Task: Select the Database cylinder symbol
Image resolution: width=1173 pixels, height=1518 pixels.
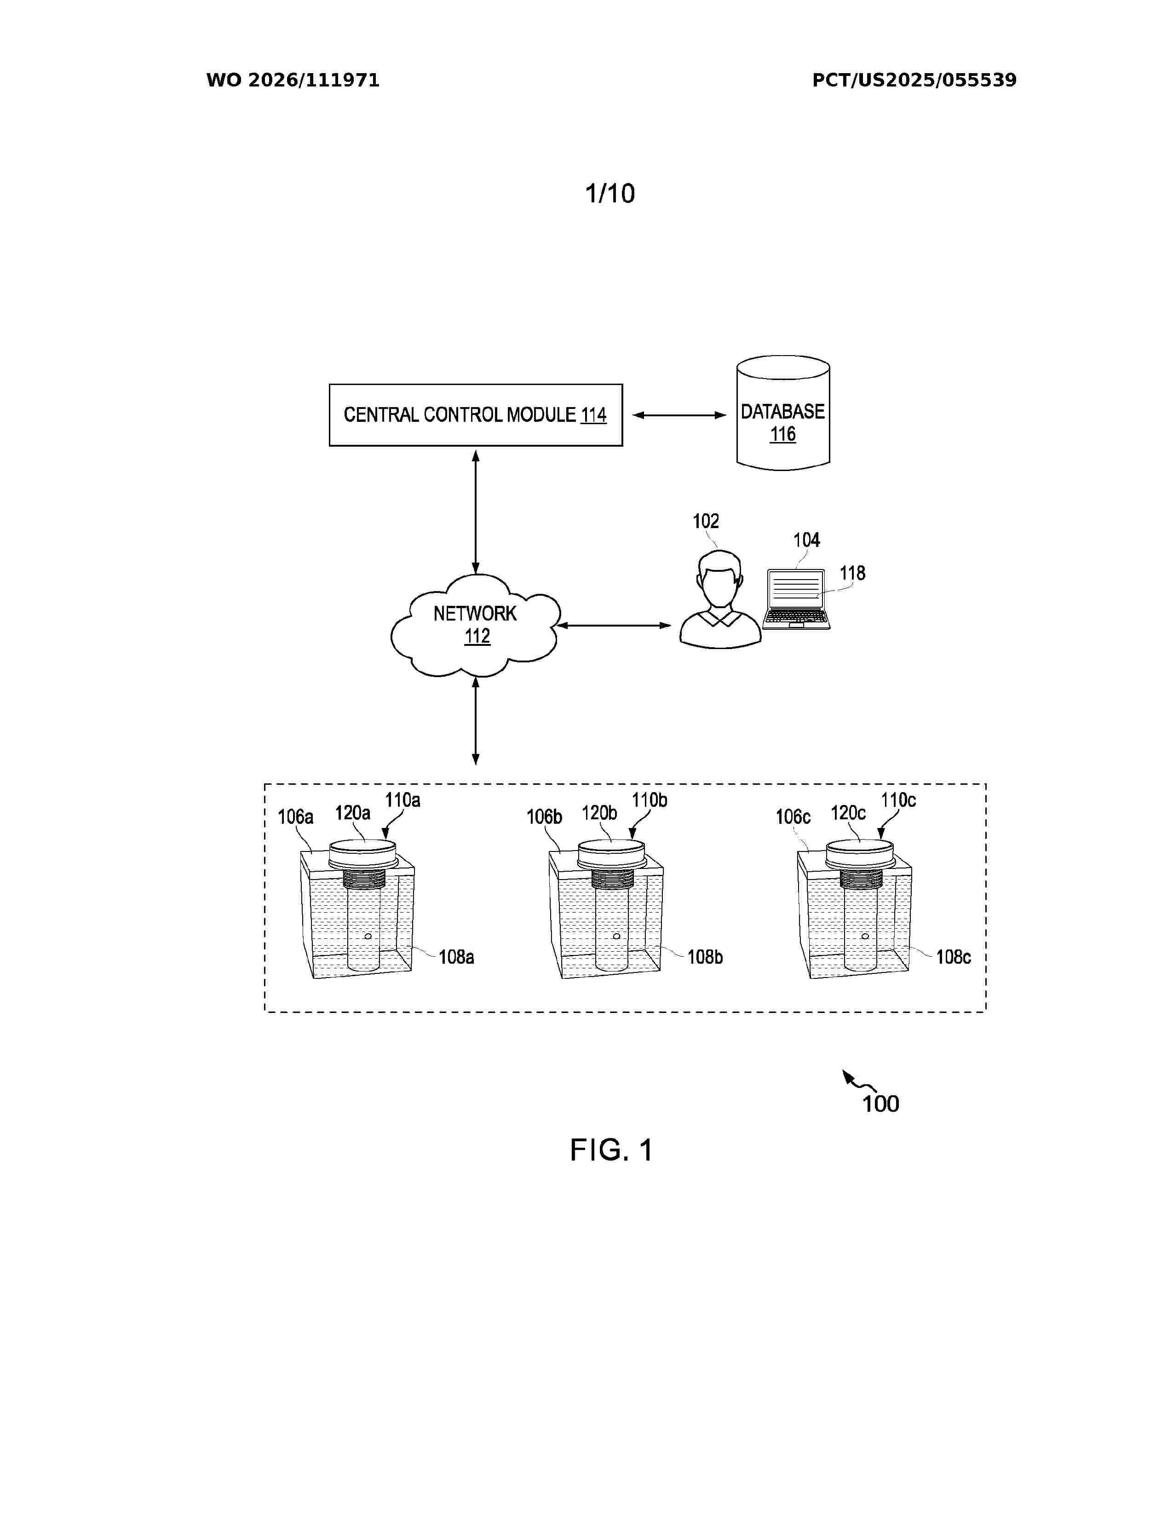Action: [x=783, y=413]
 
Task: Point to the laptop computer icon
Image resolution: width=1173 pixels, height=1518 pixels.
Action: [x=796, y=599]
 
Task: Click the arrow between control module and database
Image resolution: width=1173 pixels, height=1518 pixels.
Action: [x=679, y=415]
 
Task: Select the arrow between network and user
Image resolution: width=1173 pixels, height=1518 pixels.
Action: [x=614, y=626]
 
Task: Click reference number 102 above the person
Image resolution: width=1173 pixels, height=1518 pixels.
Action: [x=706, y=521]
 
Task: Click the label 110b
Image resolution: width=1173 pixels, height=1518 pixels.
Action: [x=650, y=800]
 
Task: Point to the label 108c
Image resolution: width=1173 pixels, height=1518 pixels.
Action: [x=954, y=957]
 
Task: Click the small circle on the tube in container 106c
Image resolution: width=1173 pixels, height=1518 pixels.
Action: [x=865, y=936]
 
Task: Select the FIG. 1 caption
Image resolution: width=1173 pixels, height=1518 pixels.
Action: [x=611, y=1150]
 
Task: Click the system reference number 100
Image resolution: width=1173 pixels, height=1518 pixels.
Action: [x=880, y=1104]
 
